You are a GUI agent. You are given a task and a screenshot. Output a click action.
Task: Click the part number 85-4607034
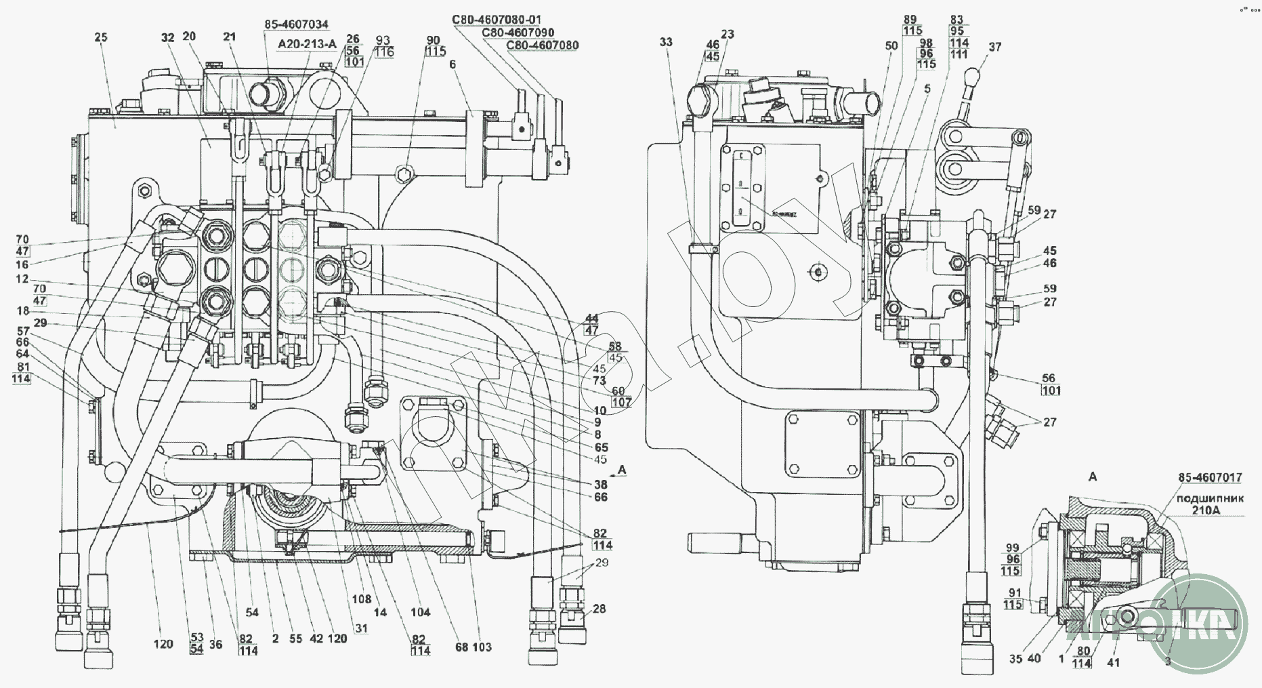[x=296, y=24]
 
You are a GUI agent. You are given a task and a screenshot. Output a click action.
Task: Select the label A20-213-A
[x=308, y=44]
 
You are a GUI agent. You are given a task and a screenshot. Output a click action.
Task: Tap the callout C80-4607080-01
[x=497, y=19]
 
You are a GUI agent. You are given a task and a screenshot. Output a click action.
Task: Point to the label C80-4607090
[x=518, y=32]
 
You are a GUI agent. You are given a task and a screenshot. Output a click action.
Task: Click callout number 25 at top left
[x=101, y=37]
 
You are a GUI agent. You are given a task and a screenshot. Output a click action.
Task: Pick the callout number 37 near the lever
[x=994, y=47]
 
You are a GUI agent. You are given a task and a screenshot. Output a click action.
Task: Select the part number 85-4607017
[x=1209, y=477]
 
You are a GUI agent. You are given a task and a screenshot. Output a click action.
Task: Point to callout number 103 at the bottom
[x=482, y=647]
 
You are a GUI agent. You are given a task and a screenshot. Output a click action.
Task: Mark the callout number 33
[x=666, y=42]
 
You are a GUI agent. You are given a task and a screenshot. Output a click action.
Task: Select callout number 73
[x=599, y=380]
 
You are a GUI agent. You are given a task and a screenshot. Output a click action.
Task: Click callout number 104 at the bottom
[x=420, y=613]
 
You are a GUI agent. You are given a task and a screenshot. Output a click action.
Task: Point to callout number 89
[x=909, y=19]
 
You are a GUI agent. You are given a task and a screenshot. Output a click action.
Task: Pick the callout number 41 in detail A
[x=1113, y=662]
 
